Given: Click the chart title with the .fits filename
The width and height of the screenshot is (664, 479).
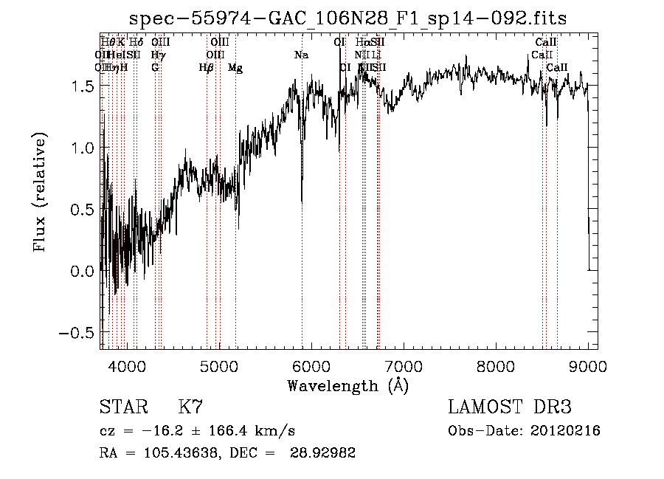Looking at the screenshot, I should (348, 19).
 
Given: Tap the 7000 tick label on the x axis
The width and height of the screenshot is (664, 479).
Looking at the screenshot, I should (404, 365).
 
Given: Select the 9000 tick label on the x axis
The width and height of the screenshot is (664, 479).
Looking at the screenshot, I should (588, 365).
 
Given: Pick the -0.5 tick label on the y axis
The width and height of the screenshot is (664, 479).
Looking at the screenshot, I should (77, 332).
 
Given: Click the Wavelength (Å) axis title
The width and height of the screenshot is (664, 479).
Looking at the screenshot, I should (347, 385).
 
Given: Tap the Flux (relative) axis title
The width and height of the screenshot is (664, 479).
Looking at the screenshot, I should (41, 193).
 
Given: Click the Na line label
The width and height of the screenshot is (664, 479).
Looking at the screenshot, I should (301, 55).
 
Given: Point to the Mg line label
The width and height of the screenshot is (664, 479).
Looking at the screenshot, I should (235, 68).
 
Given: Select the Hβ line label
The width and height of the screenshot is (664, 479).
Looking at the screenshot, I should (207, 68).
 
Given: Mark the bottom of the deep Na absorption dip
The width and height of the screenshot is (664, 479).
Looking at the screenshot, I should (302, 201).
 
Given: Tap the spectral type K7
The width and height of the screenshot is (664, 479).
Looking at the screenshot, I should (190, 407).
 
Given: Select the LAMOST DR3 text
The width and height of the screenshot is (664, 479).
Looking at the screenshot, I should (510, 407).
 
